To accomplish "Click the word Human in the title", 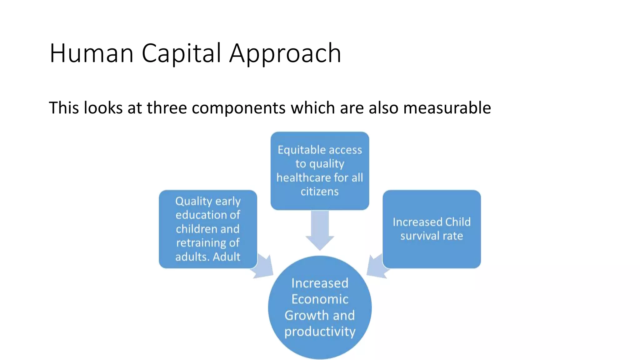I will point(92,53).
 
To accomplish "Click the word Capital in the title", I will point(182,53).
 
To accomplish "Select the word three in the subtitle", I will point(167,108).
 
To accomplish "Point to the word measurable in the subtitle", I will point(447,108).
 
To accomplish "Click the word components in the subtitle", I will point(238,108).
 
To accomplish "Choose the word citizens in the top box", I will point(319,191).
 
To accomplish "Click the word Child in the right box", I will point(458,222).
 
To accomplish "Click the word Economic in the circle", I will point(320,299).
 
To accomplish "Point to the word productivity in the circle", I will point(320,332).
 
